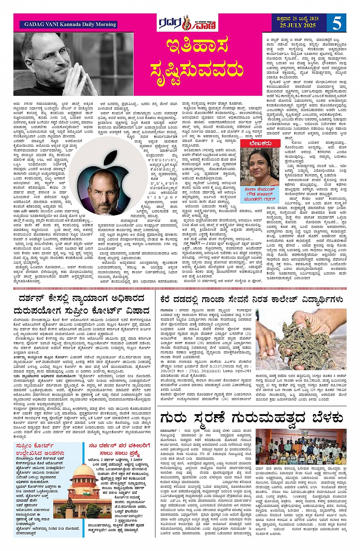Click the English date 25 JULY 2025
coord(299,26)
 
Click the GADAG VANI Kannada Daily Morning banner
coord(70,24)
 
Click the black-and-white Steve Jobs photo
coord(74,64)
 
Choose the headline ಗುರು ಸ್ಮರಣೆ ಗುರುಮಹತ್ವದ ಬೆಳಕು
coord(251,417)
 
